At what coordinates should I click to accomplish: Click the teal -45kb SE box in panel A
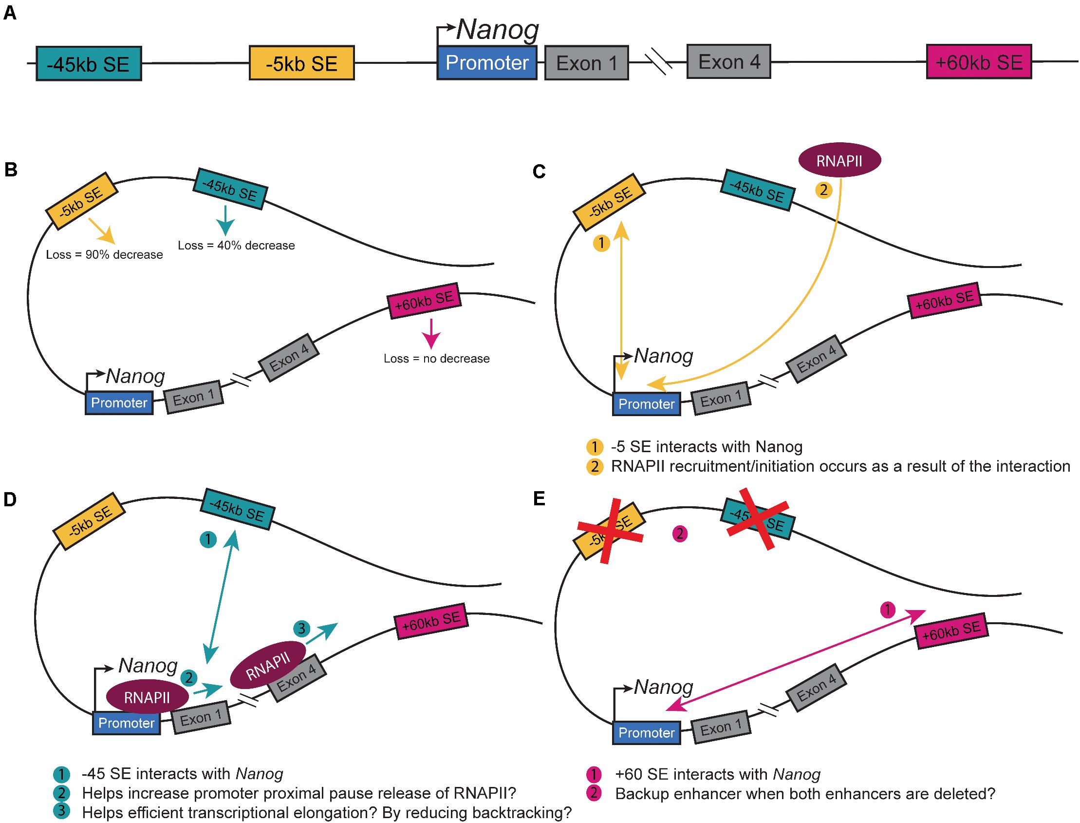pos(89,64)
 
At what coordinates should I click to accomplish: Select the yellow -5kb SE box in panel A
pos(301,63)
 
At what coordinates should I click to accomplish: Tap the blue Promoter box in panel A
pos(486,63)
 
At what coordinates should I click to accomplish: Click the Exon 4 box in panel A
pos(728,62)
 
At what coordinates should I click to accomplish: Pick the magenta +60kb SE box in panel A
pos(979,62)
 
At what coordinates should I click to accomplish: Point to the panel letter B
pos(10,170)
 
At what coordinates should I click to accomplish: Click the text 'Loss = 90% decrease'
pos(104,255)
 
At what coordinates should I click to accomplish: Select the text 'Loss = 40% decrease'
pos(236,246)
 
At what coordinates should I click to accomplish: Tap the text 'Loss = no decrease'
pos(436,359)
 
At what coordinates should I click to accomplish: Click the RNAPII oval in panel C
pos(839,160)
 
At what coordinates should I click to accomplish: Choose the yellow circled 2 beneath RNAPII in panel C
pos(823,190)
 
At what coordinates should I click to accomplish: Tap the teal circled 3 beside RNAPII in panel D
pos(301,629)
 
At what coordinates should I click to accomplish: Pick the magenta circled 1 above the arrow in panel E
pos(888,610)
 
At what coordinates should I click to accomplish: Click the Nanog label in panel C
pos(663,356)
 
